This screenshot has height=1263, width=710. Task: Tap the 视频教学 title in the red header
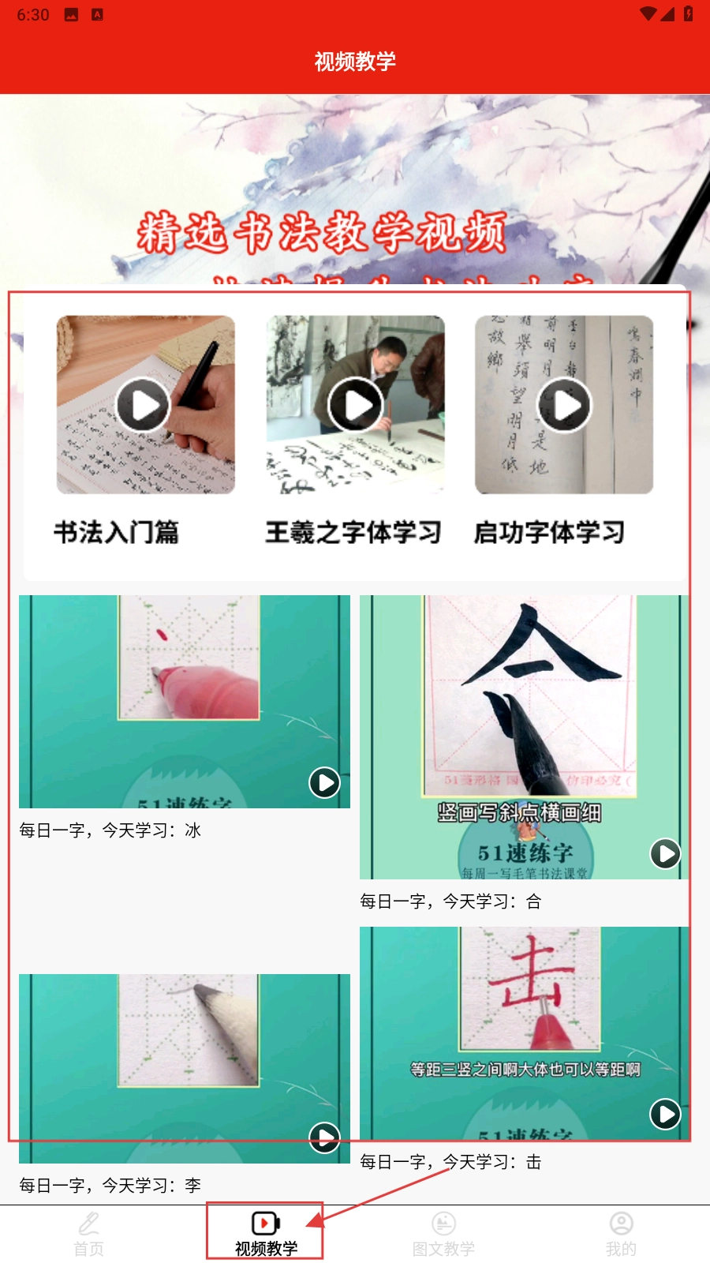[x=355, y=61]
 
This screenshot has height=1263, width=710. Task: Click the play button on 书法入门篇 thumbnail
[x=144, y=405]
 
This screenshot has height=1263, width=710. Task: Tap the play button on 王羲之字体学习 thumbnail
[x=355, y=405]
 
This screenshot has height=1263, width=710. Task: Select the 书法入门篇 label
[x=116, y=532]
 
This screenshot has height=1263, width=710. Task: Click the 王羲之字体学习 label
[x=353, y=532]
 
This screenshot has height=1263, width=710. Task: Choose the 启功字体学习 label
[x=549, y=532]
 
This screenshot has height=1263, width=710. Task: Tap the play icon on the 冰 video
[x=324, y=783]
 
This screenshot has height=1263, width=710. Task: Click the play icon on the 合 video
[x=665, y=853]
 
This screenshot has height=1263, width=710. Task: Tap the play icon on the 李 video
[x=324, y=1137]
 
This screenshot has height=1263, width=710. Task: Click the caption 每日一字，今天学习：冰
[x=110, y=830]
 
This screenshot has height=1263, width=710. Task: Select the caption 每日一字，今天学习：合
[x=450, y=901]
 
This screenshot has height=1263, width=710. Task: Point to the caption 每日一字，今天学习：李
[x=110, y=1186]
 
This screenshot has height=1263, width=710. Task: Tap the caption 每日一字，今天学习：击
[x=450, y=1162]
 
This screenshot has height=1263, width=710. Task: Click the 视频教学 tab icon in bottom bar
[x=266, y=1224]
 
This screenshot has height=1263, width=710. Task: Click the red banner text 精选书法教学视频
[x=321, y=233]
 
